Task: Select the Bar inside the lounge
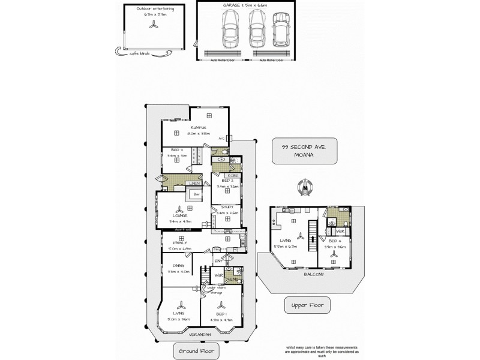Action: [196, 194]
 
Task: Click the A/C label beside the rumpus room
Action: [221, 137]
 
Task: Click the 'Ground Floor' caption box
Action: [196, 350]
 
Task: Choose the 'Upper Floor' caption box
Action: [307, 305]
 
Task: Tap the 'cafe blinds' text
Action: [140, 53]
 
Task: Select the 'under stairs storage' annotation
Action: [215, 290]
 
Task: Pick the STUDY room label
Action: [227, 206]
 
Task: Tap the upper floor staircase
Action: [311, 236]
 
